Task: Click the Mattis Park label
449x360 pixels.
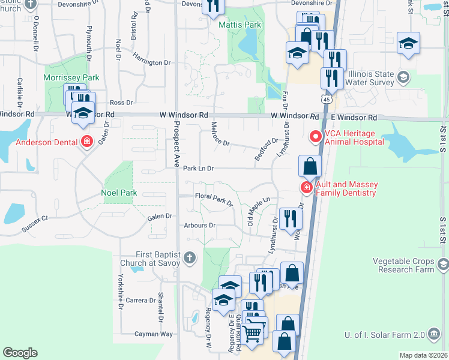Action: pyautogui.click(x=240, y=25)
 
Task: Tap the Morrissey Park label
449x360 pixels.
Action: pyautogui.click(x=71, y=78)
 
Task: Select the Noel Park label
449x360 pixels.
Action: pyautogui.click(x=119, y=193)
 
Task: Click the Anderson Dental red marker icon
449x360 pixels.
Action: pyautogui.click(x=87, y=142)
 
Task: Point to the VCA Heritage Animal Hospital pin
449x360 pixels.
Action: pyautogui.click(x=314, y=137)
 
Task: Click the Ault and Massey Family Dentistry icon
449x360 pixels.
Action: pyautogui.click(x=306, y=188)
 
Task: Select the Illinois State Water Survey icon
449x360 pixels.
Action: pyautogui.click(x=403, y=77)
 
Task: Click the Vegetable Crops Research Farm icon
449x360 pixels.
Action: pyautogui.click(x=443, y=265)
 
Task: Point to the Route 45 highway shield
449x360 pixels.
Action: pyautogui.click(x=326, y=98)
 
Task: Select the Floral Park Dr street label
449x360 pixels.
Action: pyautogui.click(x=214, y=198)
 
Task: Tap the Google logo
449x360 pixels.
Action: pyautogui.click(x=20, y=353)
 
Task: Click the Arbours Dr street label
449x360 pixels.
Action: pyautogui.click(x=200, y=225)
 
